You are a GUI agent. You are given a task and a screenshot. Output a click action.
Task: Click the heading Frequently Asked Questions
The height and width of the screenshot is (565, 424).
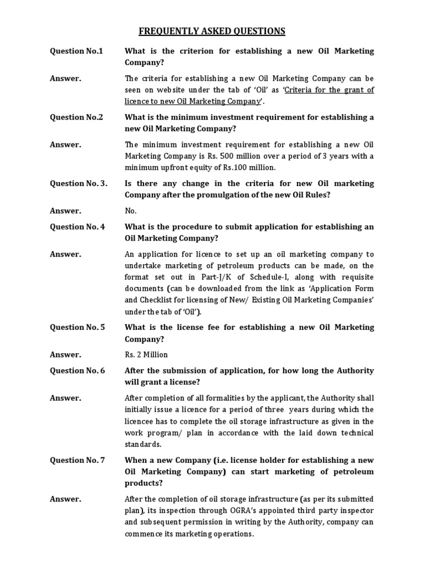point(212,31)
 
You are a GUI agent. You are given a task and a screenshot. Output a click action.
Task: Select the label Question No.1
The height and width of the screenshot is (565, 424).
point(77,51)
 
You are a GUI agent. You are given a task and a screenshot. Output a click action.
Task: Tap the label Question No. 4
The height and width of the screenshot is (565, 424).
point(78,227)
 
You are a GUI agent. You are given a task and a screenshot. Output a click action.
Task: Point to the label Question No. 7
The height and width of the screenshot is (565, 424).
point(78,460)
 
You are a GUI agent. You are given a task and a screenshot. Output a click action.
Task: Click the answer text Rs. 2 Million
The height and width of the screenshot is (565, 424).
point(146,354)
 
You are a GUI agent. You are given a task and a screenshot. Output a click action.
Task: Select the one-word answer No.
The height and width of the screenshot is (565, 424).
point(131,211)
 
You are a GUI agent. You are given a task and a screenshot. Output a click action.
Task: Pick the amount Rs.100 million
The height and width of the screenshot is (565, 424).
point(247,168)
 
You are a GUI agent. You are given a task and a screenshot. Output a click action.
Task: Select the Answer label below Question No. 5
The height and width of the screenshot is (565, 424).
point(66,354)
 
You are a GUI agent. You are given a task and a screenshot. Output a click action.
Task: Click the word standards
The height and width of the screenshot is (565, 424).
point(143,444)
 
